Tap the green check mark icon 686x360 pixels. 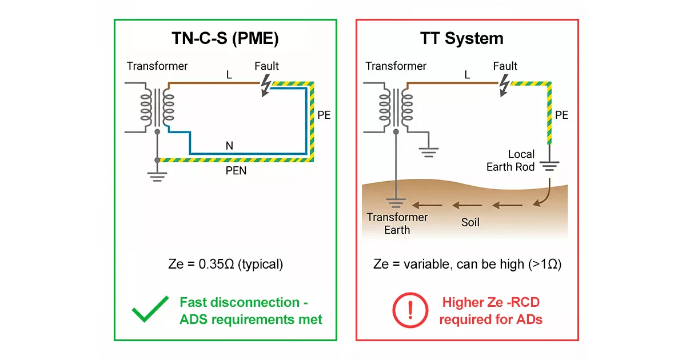[150, 310]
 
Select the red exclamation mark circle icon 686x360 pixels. [406, 310]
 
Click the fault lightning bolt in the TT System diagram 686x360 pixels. [504, 86]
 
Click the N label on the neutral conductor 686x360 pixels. [229, 146]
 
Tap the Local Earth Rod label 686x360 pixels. [510, 161]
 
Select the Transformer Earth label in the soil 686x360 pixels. [397, 223]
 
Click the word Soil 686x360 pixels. [470, 222]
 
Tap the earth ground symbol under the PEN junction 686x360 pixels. [157, 175]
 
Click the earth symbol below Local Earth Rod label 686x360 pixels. [550, 166]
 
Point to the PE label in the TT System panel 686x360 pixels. [561, 115]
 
